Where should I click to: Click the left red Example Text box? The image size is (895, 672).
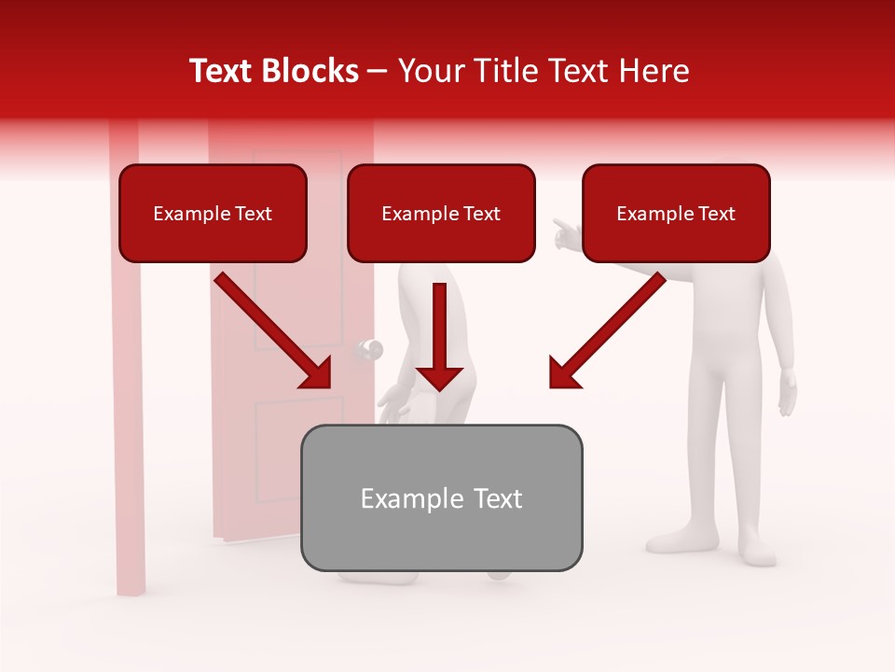click(213, 214)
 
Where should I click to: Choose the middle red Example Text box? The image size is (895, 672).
click(441, 214)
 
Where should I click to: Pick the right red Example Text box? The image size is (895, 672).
click(676, 214)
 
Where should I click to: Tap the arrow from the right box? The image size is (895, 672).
click(607, 330)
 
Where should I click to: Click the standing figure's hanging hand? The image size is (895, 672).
click(789, 392)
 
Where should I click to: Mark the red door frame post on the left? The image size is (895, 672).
click(127, 373)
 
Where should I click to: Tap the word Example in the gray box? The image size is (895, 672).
click(399, 498)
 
